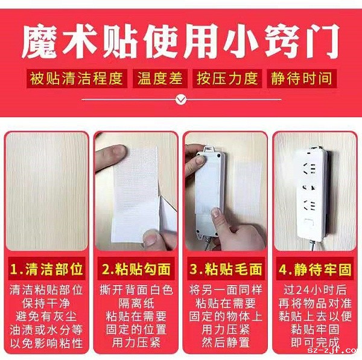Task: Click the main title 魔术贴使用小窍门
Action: [180, 41]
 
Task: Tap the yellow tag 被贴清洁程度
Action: [77, 79]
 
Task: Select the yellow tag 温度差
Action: [161, 79]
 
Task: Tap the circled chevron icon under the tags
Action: [180, 98]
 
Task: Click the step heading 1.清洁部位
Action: [46, 268]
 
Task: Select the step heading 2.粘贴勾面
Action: [136, 268]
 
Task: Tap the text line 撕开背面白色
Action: [136, 289]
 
